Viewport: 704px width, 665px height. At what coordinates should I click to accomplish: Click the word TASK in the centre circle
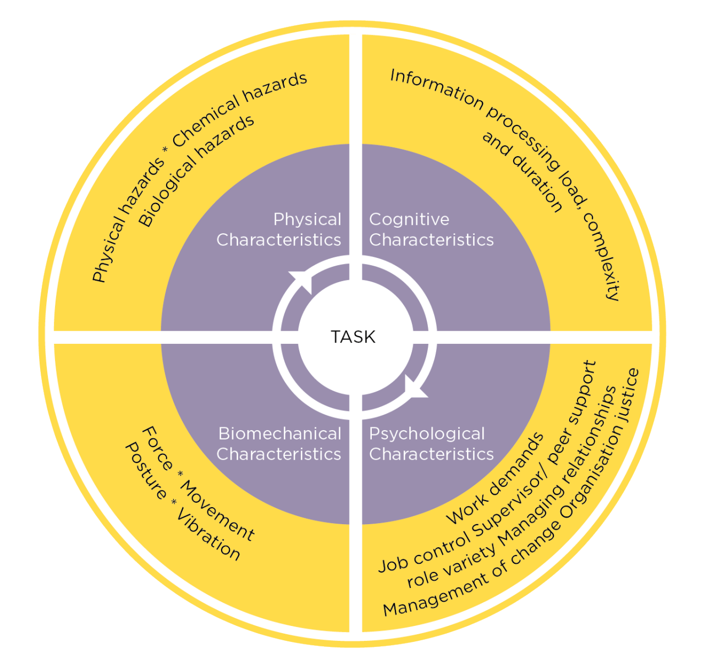[353, 337]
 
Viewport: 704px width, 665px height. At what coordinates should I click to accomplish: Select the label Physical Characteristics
[279, 230]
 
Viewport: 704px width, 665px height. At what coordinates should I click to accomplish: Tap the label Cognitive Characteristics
[431, 230]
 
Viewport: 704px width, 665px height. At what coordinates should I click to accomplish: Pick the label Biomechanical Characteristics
[279, 444]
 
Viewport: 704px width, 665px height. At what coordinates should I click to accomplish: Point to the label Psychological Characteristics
[431, 444]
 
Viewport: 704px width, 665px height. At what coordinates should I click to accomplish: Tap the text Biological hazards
[196, 170]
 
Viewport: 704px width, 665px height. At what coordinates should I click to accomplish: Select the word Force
[157, 448]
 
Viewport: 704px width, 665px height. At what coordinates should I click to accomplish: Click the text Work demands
[494, 478]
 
